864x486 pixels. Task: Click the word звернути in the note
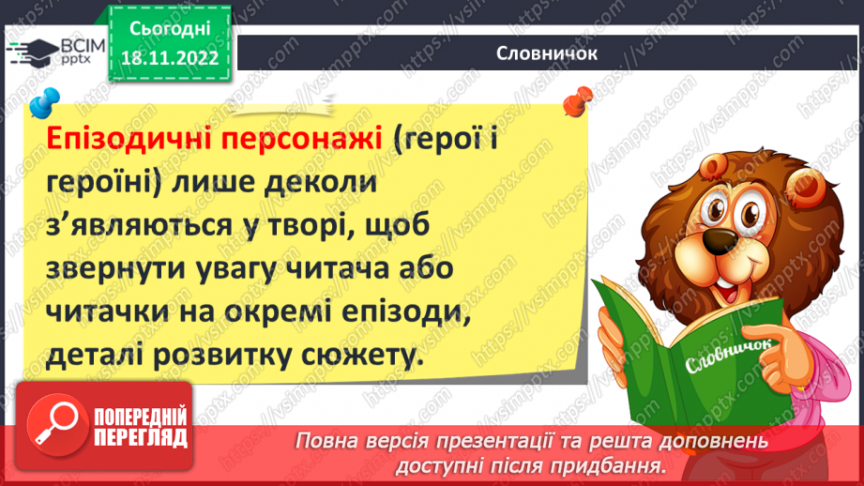pyautogui.click(x=118, y=272)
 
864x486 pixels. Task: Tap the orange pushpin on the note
pyautogui.click(x=574, y=99)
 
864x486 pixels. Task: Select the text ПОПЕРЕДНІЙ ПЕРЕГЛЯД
pyautogui.click(x=137, y=427)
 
